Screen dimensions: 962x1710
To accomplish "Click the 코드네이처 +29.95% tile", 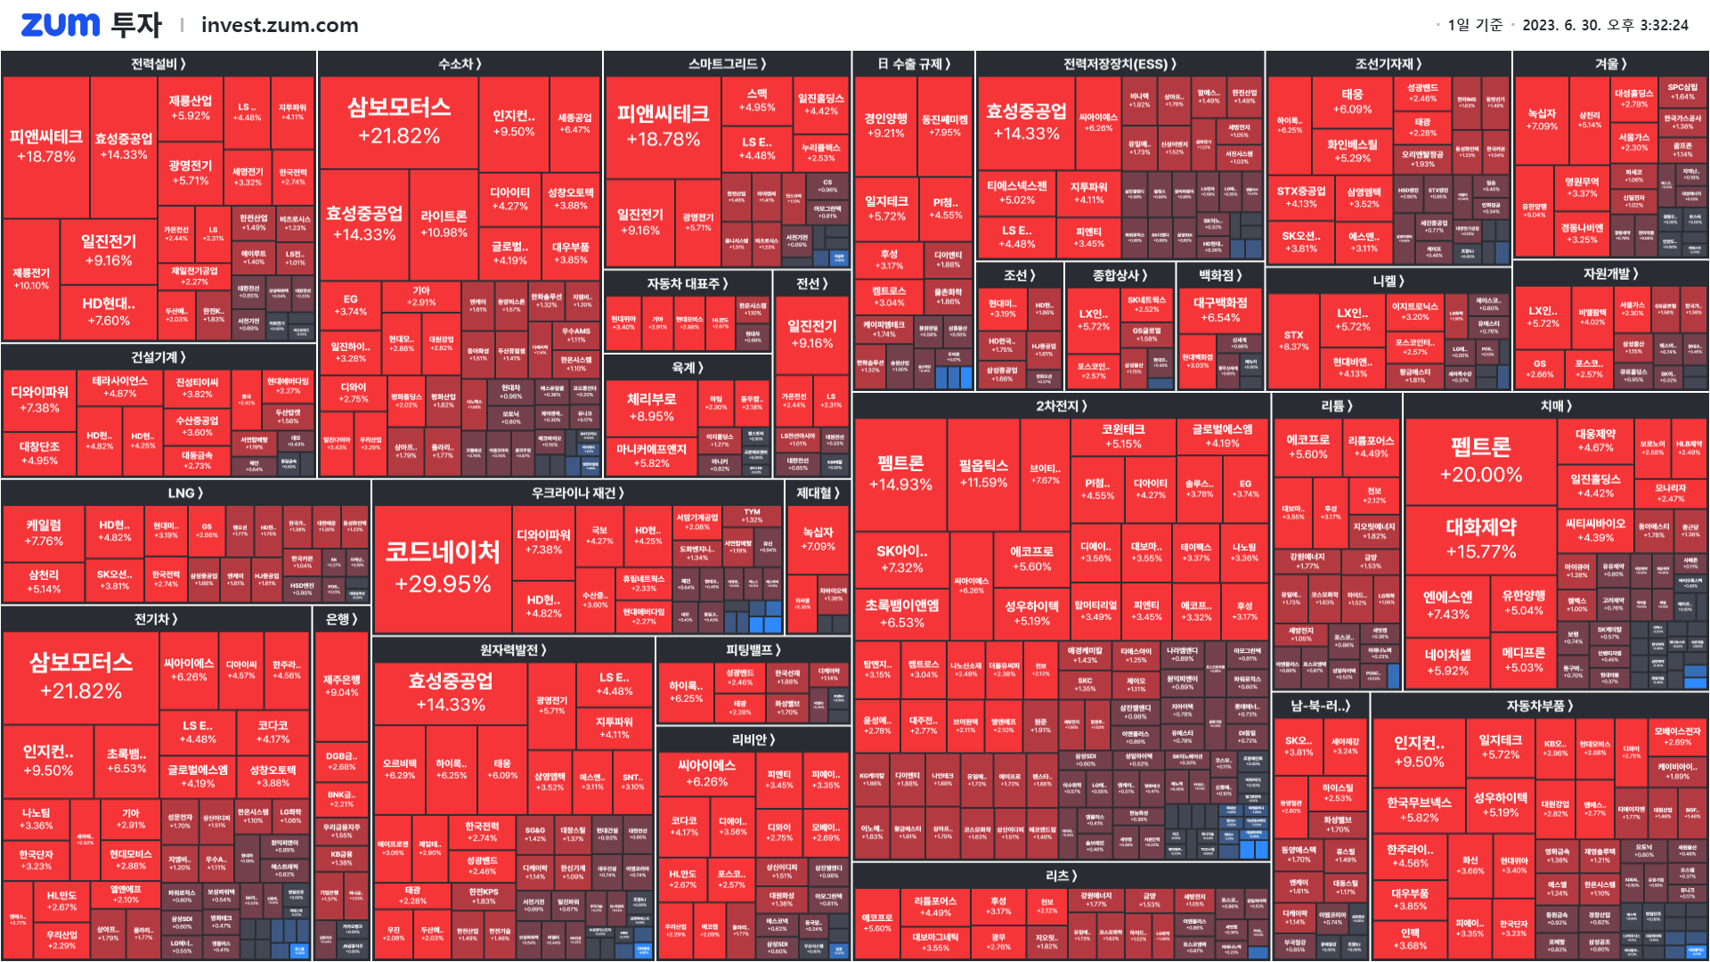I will pyautogui.click(x=443, y=568).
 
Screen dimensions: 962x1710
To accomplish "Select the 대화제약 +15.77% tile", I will pyautogui.click(x=1480, y=538).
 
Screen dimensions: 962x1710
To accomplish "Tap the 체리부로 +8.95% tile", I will pyautogui.click(x=651, y=407).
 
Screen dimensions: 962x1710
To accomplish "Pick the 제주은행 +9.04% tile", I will pyautogui.click(x=342, y=685).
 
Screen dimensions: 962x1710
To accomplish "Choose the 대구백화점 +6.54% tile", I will pyautogui.click(x=1220, y=310).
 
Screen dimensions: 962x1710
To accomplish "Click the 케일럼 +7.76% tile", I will pyautogui.click(x=44, y=533).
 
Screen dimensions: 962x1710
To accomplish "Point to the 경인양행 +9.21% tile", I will pyautogui.click(x=885, y=126).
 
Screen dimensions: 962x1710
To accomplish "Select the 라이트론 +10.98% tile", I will pyautogui.click(x=444, y=224).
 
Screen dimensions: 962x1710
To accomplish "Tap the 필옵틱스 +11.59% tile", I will pyautogui.click(x=982, y=473).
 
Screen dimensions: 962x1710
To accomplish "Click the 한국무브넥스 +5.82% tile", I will pyautogui.click(x=1419, y=809).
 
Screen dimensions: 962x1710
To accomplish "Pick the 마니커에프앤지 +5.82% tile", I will pyautogui.click(x=651, y=455).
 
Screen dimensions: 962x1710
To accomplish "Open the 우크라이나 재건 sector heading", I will pyautogui.click(x=578, y=493).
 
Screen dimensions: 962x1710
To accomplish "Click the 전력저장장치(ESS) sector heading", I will pyautogui.click(x=1120, y=64).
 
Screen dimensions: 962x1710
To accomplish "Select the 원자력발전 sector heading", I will pyautogui.click(x=513, y=650).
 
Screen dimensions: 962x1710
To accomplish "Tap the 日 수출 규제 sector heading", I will pyautogui.click(x=914, y=64).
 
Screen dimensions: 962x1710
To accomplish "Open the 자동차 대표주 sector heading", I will pyautogui.click(x=688, y=283).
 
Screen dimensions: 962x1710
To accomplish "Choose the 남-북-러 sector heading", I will pyautogui.click(x=1321, y=705).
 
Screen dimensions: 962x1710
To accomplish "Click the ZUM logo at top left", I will pyautogui.click(x=60, y=25).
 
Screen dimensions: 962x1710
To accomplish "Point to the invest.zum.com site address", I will pyautogui.click(x=280, y=25).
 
